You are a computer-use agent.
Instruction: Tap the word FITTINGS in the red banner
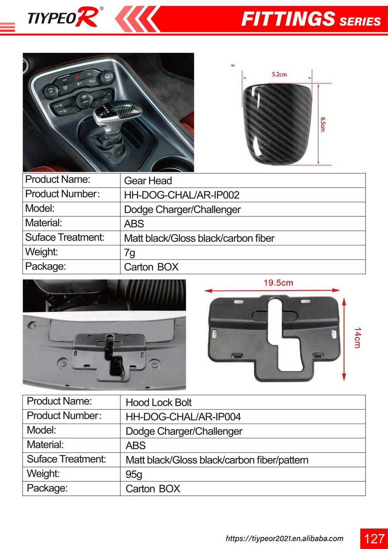pyautogui.click(x=288, y=19)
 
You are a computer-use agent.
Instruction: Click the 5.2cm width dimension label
pyautogui.click(x=279, y=75)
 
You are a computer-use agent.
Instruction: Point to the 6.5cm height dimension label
pyautogui.click(x=323, y=124)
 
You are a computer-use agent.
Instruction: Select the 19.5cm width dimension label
pyautogui.click(x=278, y=283)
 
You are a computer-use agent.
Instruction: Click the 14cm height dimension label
pyautogui.click(x=357, y=337)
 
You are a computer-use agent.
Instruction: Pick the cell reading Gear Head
pyautogui.click(x=148, y=181)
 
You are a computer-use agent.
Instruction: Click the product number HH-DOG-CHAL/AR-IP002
pyautogui.click(x=182, y=195)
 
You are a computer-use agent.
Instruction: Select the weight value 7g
pyautogui.click(x=130, y=253)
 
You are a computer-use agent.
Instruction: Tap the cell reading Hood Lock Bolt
pyautogui.click(x=159, y=402)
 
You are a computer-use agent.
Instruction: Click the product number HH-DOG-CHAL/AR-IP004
pyautogui.click(x=183, y=417)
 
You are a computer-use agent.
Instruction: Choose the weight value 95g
pyautogui.click(x=134, y=474)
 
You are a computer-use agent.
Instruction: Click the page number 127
pyautogui.click(x=374, y=539)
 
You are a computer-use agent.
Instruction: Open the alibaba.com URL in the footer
pyautogui.click(x=284, y=539)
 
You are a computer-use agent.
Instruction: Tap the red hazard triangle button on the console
pyautogui.click(x=77, y=77)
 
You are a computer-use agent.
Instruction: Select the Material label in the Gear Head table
pyautogui.click(x=43, y=223)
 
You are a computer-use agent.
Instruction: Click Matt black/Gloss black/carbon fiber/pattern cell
pyautogui.click(x=217, y=460)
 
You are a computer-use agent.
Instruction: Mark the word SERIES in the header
pyautogui.click(x=360, y=22)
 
